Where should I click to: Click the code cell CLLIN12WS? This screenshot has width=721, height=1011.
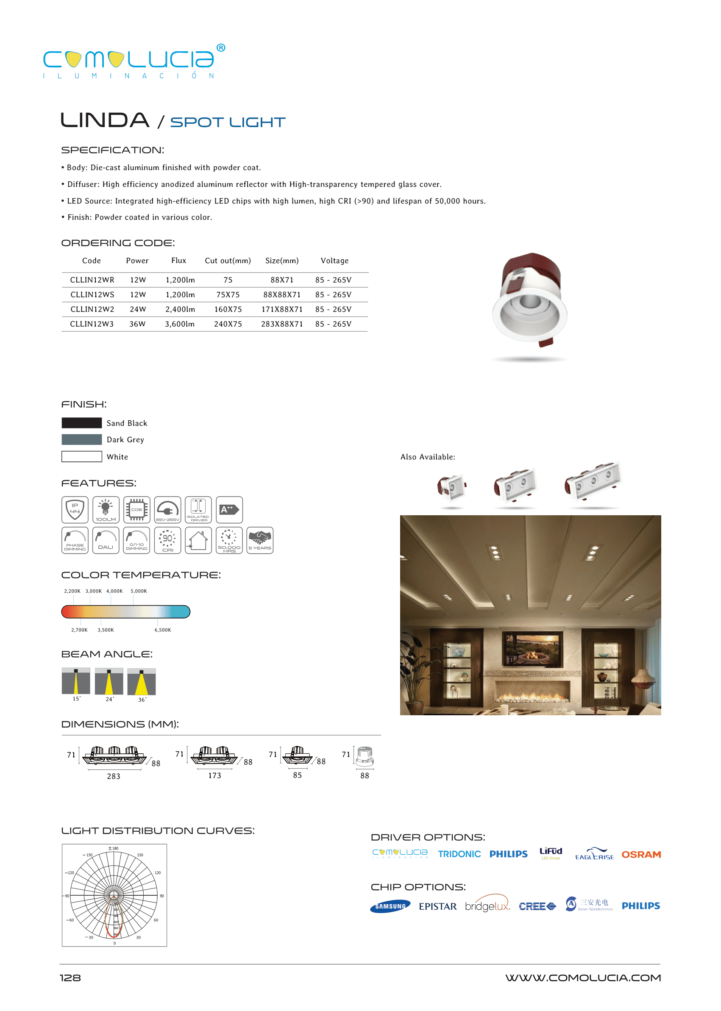(92, 294)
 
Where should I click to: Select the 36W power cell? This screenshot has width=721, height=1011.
(137, 324)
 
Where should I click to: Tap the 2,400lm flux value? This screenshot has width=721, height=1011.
(180, 309)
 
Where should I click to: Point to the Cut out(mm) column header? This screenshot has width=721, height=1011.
(228, 261)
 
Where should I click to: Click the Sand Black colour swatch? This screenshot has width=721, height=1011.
(82, 423)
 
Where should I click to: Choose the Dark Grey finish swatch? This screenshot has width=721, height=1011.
(82, 439)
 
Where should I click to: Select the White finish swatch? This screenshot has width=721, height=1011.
(82, 457)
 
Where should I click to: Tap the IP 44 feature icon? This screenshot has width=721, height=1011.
(75, 509)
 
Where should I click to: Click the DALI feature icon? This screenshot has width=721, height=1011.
(106, 540)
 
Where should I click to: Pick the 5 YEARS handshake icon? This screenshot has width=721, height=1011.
(260, 540)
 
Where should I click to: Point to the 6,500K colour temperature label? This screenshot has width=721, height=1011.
(162, 630)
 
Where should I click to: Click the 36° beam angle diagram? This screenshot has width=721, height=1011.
(142, 682)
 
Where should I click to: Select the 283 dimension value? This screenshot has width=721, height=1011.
(114, 776)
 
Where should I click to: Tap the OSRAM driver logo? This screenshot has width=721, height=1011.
(641, 855)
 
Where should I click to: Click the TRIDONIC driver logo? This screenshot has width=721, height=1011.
(459, 854)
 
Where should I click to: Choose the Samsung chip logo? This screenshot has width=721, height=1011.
(390, 906)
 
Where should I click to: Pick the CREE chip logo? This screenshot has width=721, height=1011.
(537, 906)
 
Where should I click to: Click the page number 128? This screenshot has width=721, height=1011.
(70, 978)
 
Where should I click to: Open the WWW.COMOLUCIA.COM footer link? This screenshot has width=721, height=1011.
(583, 978)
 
